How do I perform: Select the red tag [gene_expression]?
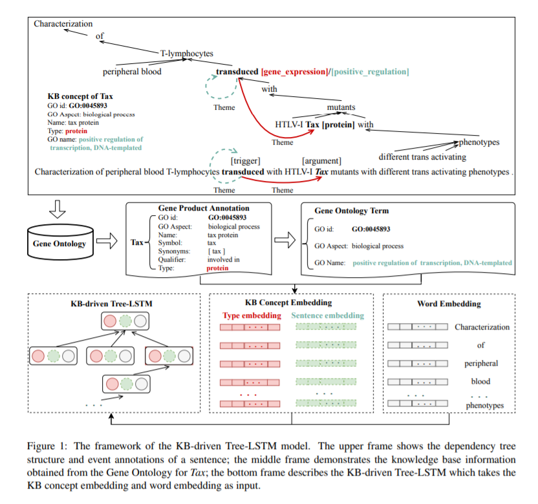coord(295,71)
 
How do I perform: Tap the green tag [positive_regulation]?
coord(370,71)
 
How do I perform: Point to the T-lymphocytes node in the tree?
coord(186,54)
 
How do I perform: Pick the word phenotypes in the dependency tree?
coord(479,142)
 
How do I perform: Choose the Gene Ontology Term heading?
coord(351,211)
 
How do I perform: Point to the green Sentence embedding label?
coord(328,316)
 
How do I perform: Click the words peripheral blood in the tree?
coord(133,72)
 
